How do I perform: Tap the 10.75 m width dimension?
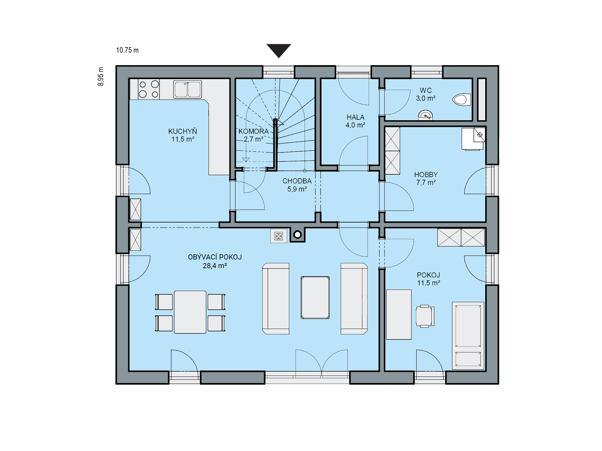coord(127,50)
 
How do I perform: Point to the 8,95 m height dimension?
coord(101,76)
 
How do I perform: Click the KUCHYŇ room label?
coord(183,131)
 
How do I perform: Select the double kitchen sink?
coord(188,89)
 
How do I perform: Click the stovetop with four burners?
coord(149,89)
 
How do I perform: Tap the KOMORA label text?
coord(253,131)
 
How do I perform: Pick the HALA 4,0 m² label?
coord(355,121)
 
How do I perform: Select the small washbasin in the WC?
coord(426,115)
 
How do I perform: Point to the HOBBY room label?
coord(426,175)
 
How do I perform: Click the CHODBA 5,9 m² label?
coord(297,185)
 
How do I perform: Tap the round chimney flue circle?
coord(298,235)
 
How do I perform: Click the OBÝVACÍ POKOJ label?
coord(215,257)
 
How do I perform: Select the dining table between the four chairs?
coord(190,312)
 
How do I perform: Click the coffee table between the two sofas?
coord(315,297)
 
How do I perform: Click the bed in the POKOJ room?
coord(468,336)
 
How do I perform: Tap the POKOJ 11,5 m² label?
coord(429,279)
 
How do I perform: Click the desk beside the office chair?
coord(399,314)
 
